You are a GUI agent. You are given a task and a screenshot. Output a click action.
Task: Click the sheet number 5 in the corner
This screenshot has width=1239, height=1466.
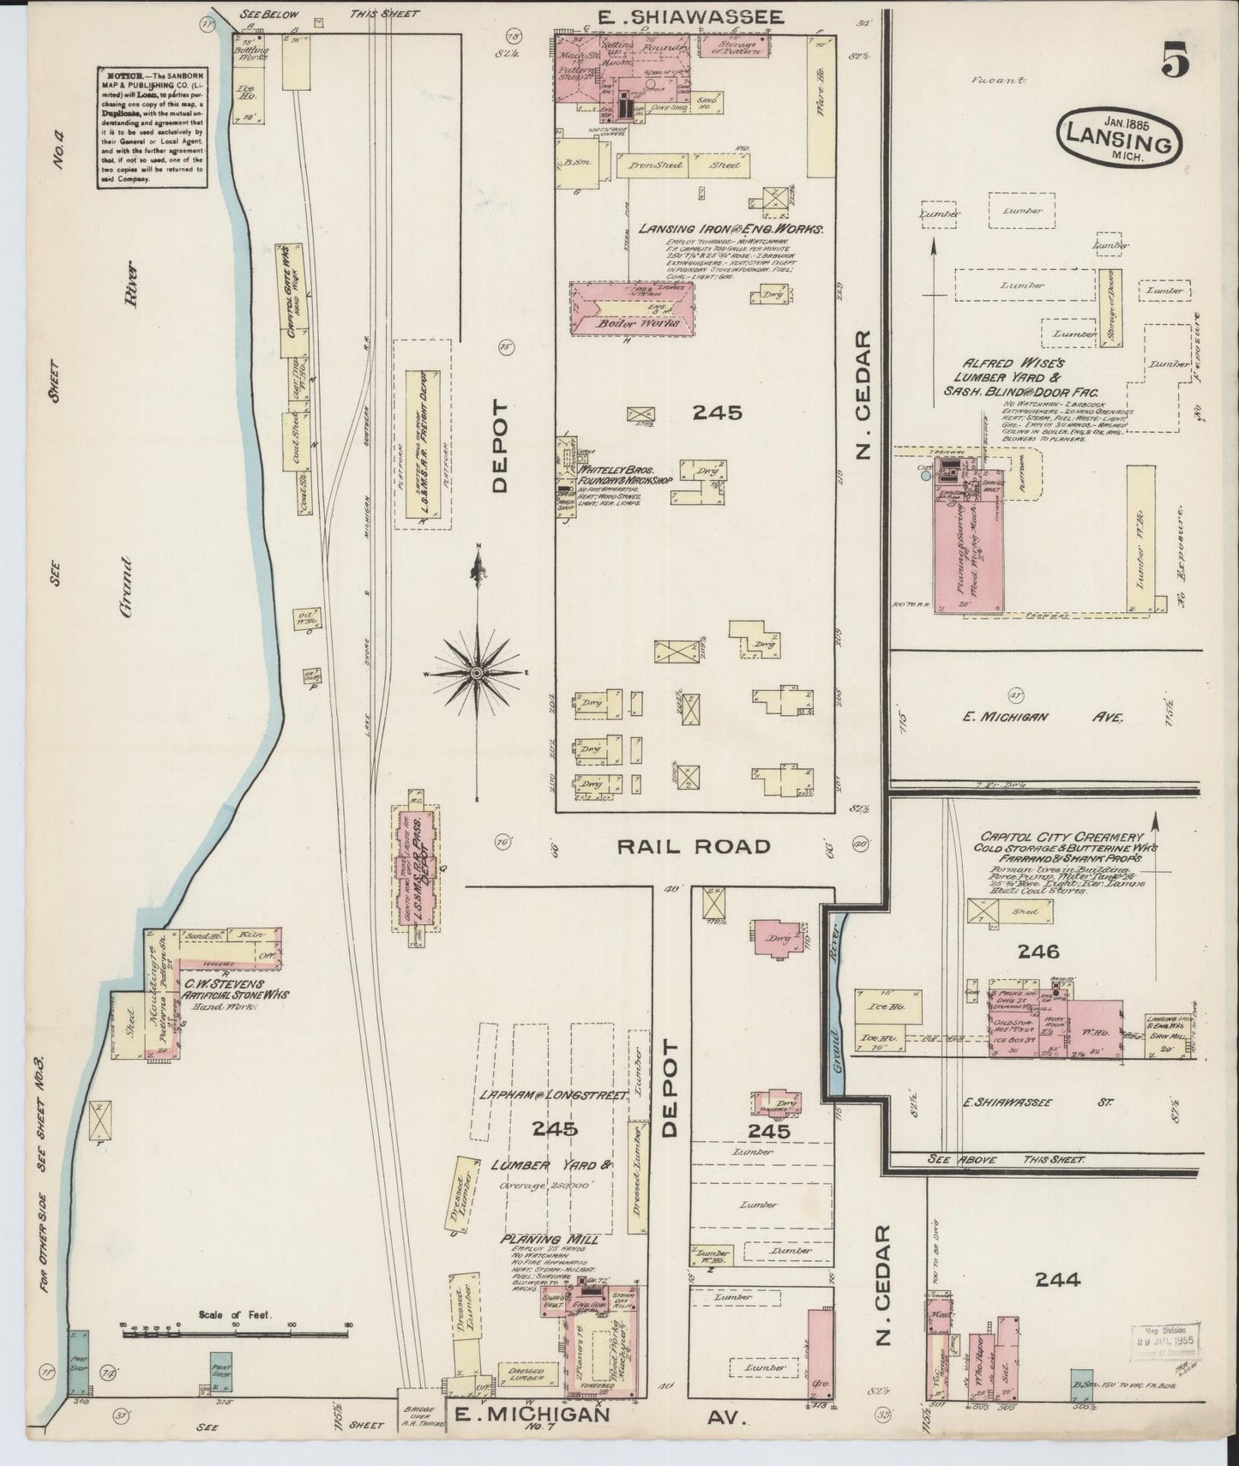(1176, 61)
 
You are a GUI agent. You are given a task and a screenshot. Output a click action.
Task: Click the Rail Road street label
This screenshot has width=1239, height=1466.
(694, 846)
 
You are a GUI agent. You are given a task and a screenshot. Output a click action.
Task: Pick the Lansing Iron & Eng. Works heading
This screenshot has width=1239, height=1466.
(731, 230)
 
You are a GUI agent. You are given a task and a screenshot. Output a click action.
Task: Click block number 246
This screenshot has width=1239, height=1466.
(1039, 951)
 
